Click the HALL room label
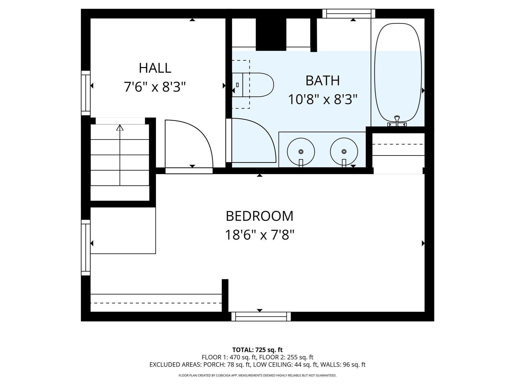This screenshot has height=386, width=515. [155, 68]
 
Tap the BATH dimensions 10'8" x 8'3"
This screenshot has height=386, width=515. [322, 100]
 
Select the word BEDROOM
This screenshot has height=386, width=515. [260, 216]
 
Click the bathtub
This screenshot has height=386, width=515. [398, 73]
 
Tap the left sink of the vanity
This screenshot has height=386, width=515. [301, 152]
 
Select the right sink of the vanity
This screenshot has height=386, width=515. [344, 152]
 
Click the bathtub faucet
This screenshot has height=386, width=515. [397, 121]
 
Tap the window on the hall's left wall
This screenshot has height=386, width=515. [86, 93]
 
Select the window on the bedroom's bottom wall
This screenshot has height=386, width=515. [261, 317]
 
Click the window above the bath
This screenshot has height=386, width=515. [349, 14]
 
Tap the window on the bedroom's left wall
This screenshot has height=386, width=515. [86, 248]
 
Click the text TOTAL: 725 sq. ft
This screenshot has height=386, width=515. [257, 350]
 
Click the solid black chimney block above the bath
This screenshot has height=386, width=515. [271, 34]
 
